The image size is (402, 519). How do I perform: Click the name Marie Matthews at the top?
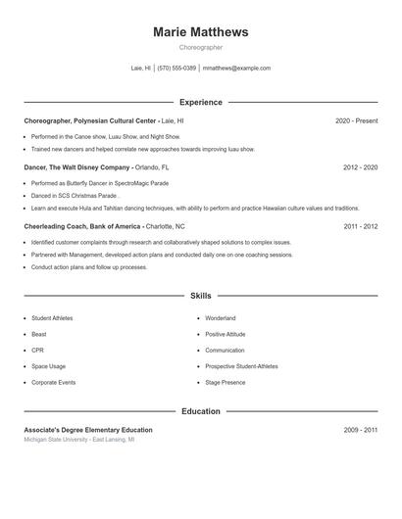tap(201, 32)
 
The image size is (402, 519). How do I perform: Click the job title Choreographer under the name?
tap(201, 47)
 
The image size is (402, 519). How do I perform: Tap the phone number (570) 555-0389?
tap(176, 69)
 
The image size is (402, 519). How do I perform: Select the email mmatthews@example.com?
tap(236, 69)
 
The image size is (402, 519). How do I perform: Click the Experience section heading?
tap(201, 102)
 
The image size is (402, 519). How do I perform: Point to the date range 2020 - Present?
tap(356, 120)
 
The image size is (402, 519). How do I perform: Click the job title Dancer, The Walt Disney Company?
tap(76, 167)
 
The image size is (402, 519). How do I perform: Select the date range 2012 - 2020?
tap(360, 167)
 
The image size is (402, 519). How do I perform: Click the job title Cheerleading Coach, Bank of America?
tap(83, 226)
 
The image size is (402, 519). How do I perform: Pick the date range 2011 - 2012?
tap(360, 226)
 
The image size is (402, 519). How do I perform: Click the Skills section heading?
tap(201, 295)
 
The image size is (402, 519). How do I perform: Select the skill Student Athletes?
tap(52, 318)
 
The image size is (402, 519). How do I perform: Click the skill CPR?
tap(37, 350)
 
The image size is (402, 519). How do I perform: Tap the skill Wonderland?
tap(221, 318)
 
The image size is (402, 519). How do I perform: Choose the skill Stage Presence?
tap(226, 382)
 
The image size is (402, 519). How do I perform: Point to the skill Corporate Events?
tap(53, 382)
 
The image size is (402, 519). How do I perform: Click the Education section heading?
tap(201, 411)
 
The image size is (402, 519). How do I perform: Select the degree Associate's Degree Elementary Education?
tap(88, 430)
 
